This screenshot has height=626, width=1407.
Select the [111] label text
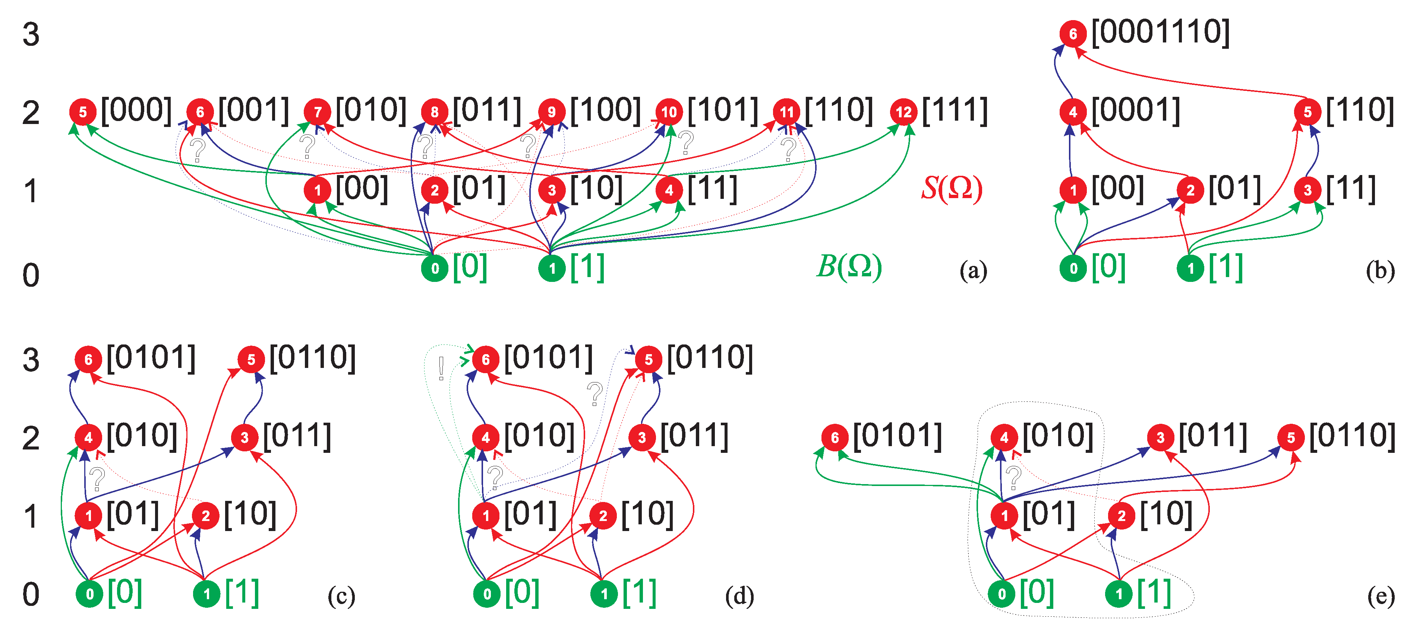(955, 111)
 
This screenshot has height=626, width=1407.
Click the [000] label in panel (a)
(136, 111)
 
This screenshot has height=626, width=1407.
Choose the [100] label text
(605, 111)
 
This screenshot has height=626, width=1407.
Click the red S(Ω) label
(952, 188)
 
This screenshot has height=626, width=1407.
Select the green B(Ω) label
(849, 267)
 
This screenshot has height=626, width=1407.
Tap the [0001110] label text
(1161, 33)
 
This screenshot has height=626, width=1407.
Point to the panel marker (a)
(973, 271)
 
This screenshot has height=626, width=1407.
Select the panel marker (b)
(1380, 271)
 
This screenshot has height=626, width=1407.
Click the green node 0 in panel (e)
(1002, 594)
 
